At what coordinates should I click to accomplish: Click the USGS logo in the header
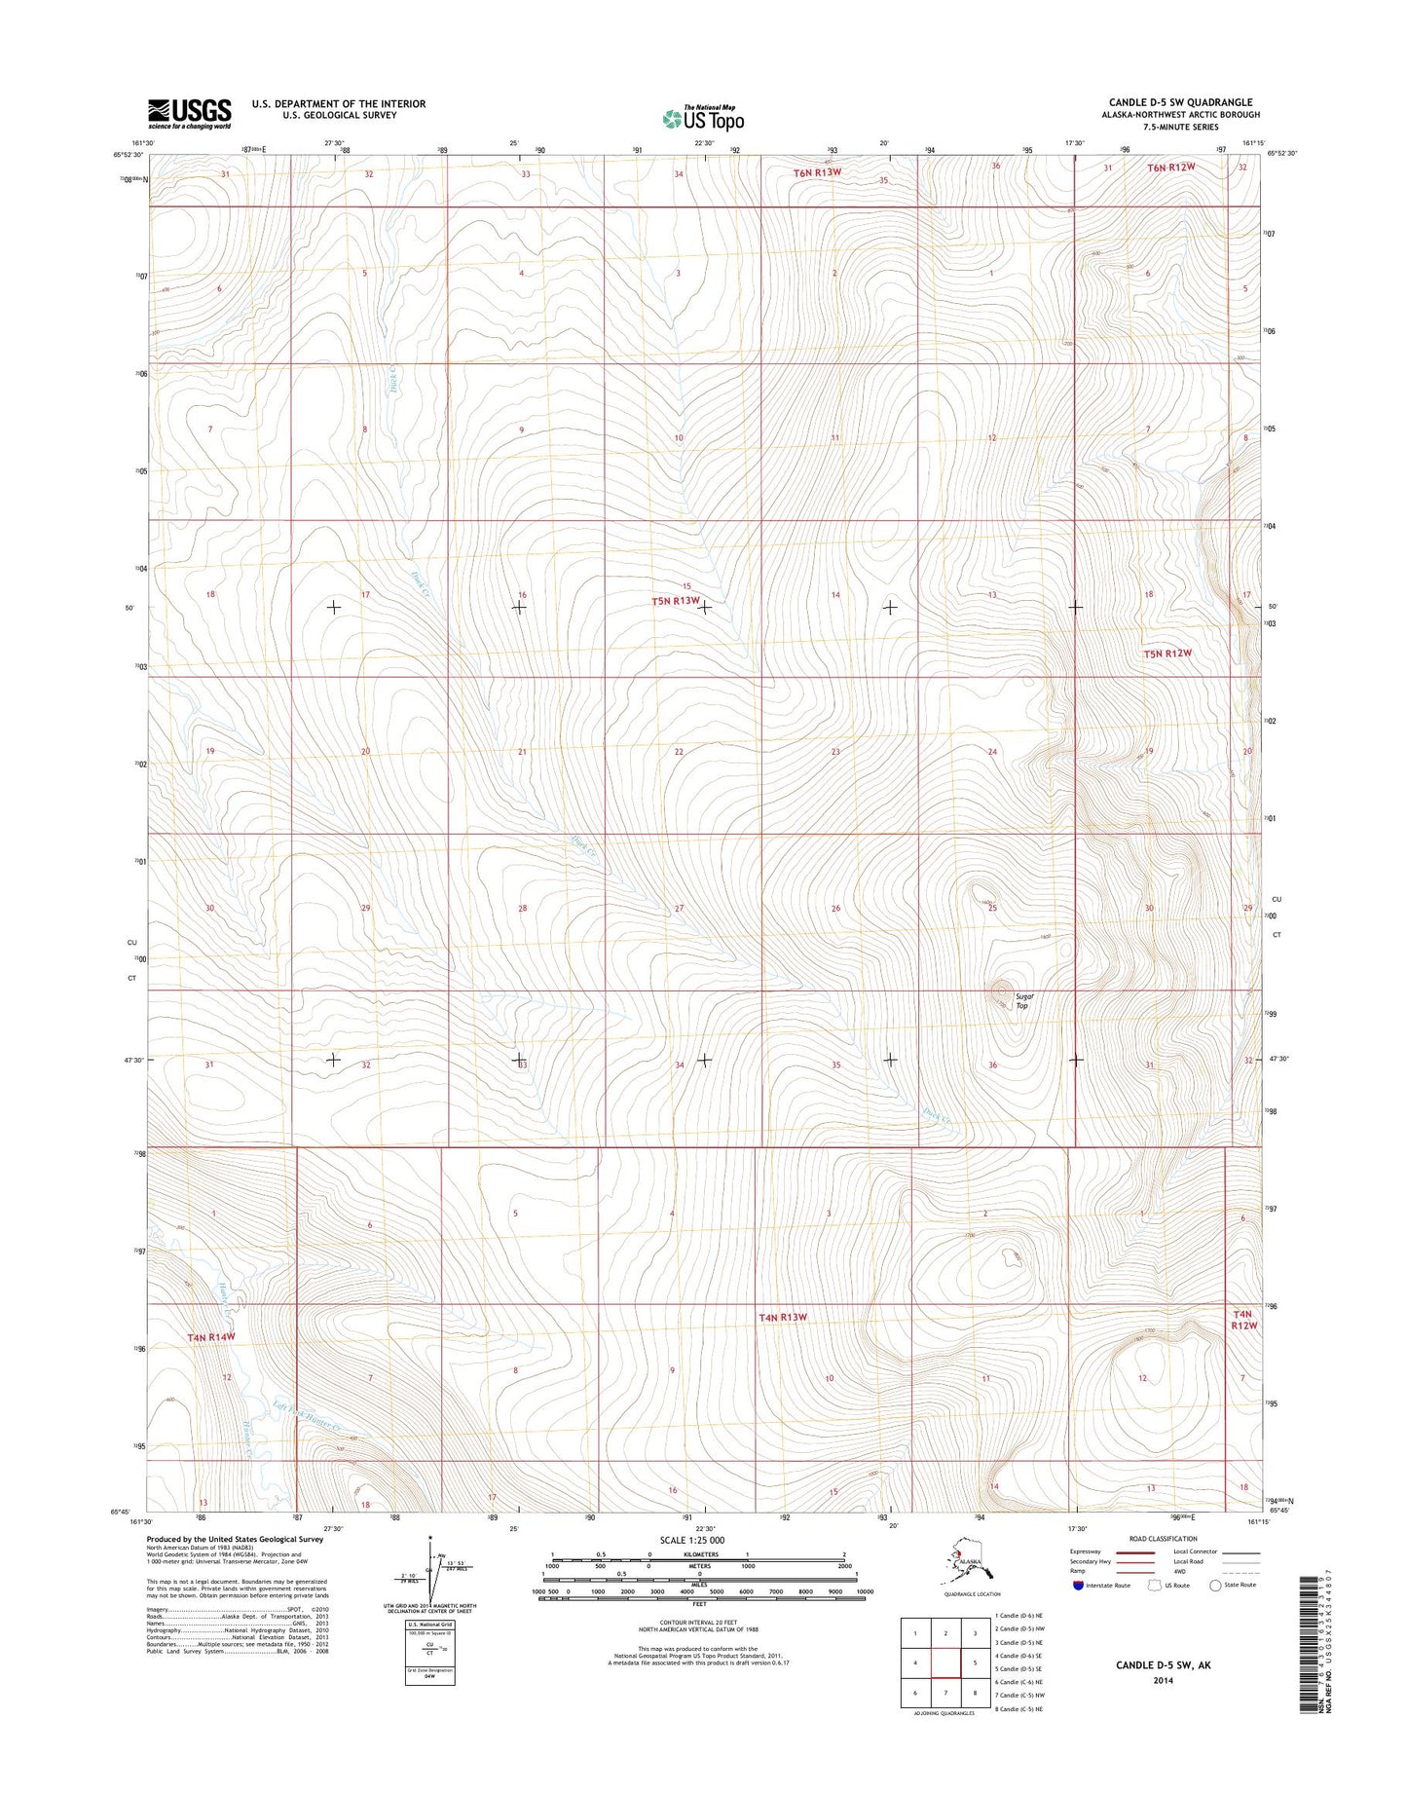(x=190, y=113)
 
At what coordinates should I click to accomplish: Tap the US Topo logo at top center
(x=703, y=118)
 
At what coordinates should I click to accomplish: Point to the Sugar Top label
(x=1022, y=1000)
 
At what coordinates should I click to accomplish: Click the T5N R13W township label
(x=676, y=601)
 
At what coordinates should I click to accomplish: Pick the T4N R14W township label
(x=211, y=1337)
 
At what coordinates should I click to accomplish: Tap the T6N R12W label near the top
(x=1169, y=168)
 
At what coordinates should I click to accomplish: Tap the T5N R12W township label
(x=1167, y=654)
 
